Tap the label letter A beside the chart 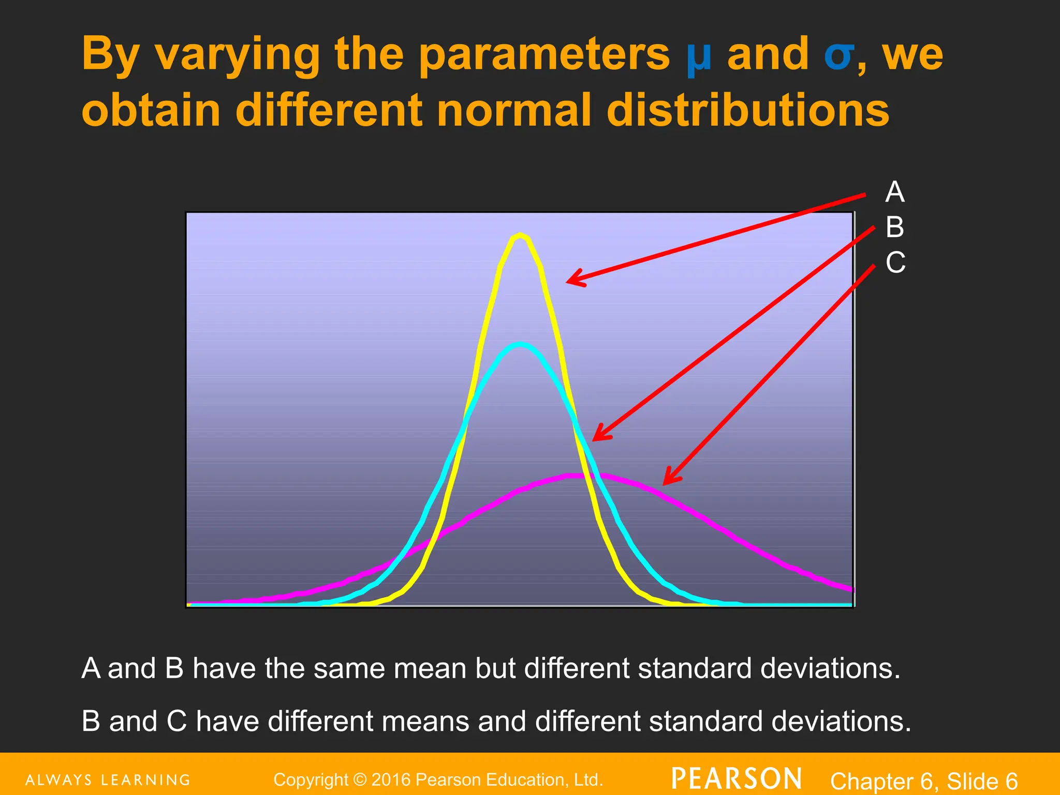[895, 193]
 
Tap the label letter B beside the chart [895, 227]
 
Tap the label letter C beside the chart [895, 262]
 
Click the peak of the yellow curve [520, 235]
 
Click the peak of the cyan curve [521, 345]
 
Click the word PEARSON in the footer [737, 779]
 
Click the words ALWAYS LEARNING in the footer [108, 780]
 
